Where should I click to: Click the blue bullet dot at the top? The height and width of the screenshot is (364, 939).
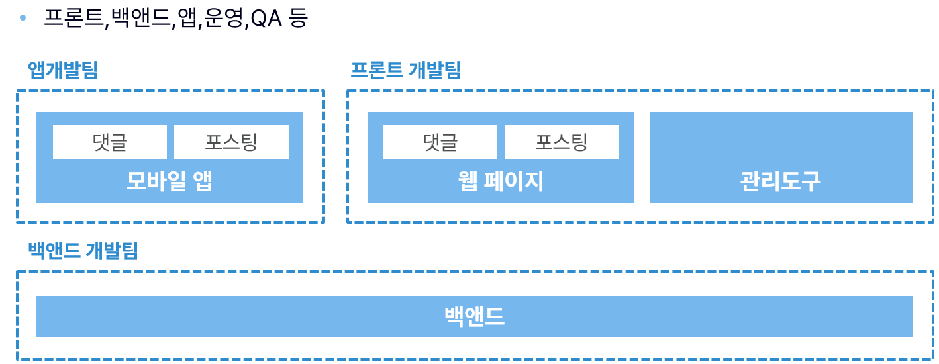pyautogui.click(x=24, y=17)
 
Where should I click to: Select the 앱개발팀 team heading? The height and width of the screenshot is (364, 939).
pyautogui.click(x=63, y=70)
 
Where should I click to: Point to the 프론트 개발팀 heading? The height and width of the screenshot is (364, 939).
pyautogui.click(x=405, y=70)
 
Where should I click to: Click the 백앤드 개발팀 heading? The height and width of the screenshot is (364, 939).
pyautogui.click(x=83, y=250)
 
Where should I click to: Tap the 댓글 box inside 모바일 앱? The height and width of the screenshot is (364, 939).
pyautogui.click(x=110, y=142)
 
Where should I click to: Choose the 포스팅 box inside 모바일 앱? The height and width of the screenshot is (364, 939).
pyautogui.click(x=231, y=142)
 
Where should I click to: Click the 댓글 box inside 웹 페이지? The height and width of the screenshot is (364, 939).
pyautogui.click(x=440, y=142)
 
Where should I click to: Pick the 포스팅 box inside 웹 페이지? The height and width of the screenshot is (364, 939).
pyautogui.click(x=562, y=142)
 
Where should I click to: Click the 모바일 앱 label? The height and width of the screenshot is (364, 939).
pyautogui.click(x=170, y=180)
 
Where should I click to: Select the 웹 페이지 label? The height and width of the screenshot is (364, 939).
pyautogui.click(x=501, y=180)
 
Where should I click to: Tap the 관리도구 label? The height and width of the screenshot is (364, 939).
pyautogui.click(x=780, y=180)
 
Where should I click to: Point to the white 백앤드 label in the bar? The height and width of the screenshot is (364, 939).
pyautogui.click(x=474, y=316)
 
